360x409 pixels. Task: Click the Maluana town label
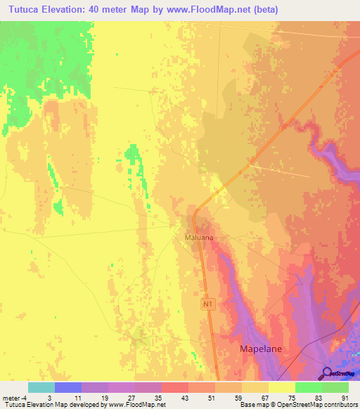point(198,238)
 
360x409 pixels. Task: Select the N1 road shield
point(207,304)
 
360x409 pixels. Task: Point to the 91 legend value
point(344,398)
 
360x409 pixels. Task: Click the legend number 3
point(49,398)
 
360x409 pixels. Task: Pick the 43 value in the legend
point(184,398)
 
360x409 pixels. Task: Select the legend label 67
point(264,398)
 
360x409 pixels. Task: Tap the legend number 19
point(103,398)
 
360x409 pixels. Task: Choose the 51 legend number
point(210,398)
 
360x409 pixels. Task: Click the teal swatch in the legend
point(41,387)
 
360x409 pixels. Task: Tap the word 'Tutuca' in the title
point(21,10)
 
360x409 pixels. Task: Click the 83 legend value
point(317,398)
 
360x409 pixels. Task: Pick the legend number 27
point(130,398)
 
